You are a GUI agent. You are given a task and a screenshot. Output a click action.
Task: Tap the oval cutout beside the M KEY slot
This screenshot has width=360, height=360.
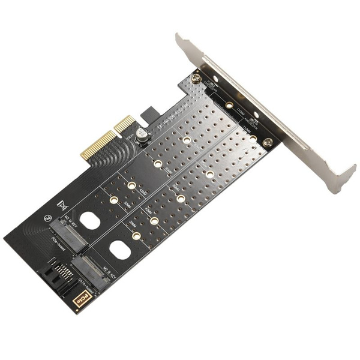[x=90, y=221]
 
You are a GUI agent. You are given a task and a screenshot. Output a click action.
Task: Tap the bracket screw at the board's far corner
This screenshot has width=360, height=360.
[x=268, y=142]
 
